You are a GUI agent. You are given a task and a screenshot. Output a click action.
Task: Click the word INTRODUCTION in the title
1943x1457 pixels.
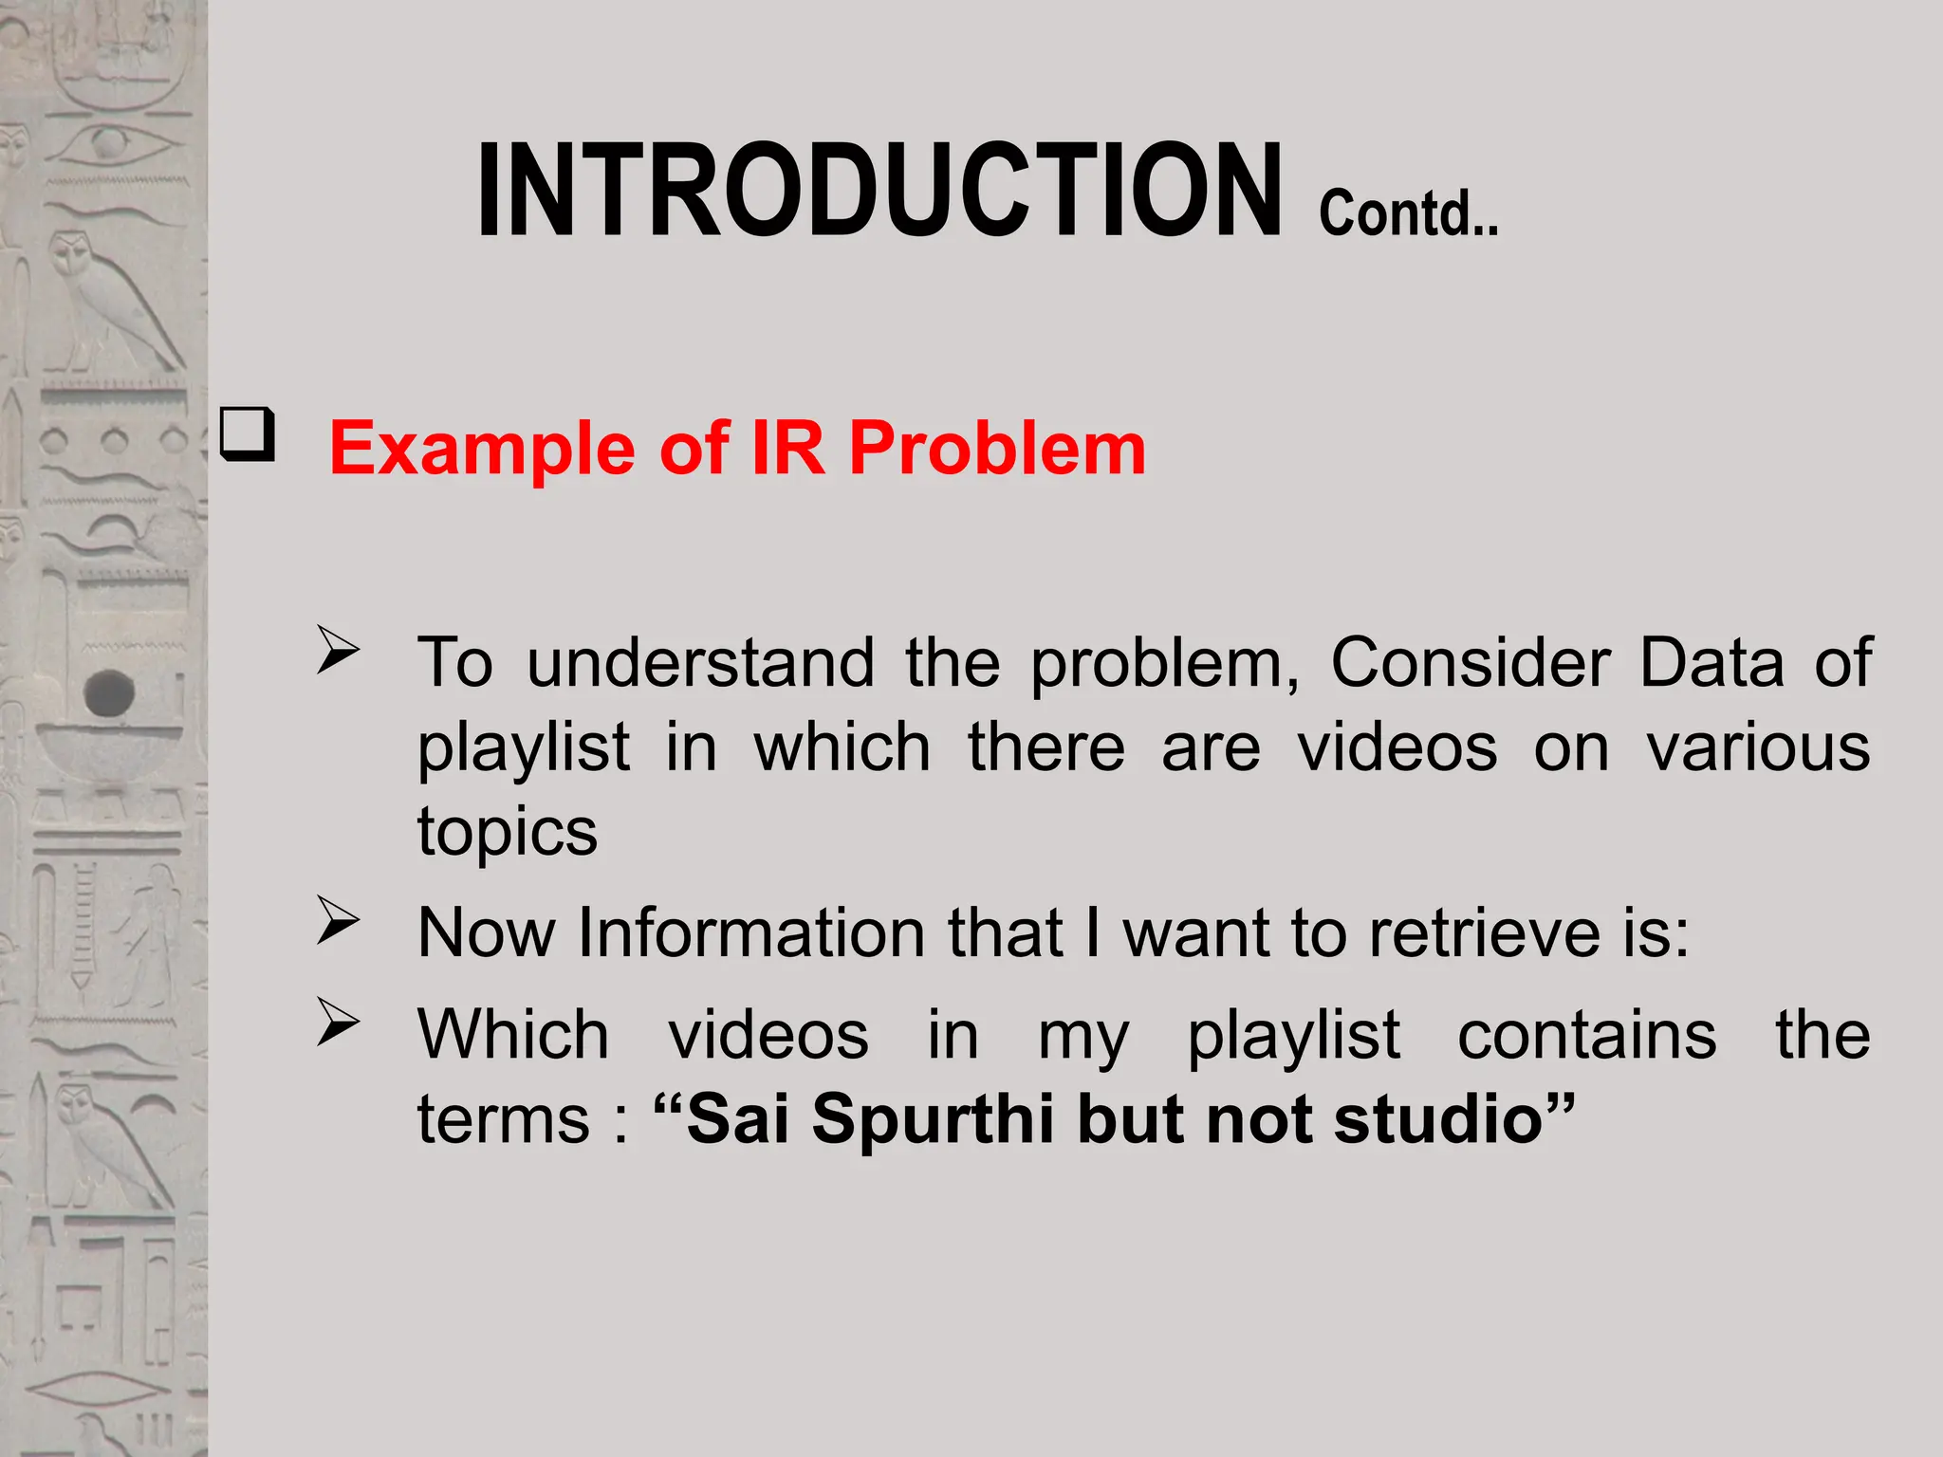click(879, 190)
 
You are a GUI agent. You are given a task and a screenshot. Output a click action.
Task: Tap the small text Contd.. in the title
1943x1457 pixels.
click(1408, 213)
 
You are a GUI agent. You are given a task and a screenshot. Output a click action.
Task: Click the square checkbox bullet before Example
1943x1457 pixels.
click(247, 434)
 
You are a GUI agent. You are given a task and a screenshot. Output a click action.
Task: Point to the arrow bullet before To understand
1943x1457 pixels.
click(338, 651)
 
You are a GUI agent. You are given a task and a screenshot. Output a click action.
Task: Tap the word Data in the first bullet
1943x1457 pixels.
click(1712, 662)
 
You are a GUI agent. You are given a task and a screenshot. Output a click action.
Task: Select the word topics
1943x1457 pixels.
click(508, 831)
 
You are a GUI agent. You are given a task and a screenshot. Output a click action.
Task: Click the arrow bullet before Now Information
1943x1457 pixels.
click(338, 920)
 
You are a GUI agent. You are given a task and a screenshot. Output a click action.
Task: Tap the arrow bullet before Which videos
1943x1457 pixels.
click(338, 1023)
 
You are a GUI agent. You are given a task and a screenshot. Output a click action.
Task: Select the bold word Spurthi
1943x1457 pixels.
click(934, 1119)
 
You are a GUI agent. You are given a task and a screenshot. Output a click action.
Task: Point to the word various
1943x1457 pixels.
click(1758, 747)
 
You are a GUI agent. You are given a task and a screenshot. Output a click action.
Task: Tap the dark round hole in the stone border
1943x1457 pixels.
click(110, 692)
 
